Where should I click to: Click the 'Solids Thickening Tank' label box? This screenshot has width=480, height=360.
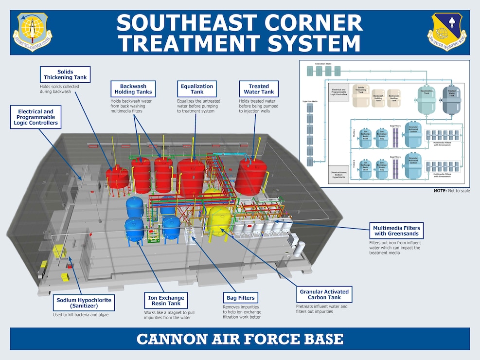pos(65,74)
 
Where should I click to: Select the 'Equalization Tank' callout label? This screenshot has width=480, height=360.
pos(197,89)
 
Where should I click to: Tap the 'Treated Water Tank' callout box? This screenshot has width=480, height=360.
pos(259,89)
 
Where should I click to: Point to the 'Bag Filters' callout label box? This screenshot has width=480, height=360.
pos(240,298)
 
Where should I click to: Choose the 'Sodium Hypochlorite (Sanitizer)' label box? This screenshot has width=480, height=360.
pos(84,304)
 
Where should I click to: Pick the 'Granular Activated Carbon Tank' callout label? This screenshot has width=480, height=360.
pos(324,295)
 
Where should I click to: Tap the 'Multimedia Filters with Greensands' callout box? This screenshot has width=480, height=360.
pos(396,231)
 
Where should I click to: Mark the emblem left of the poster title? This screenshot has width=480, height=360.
pos(35,33)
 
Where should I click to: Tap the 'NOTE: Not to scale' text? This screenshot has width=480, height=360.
pos(451,191)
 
